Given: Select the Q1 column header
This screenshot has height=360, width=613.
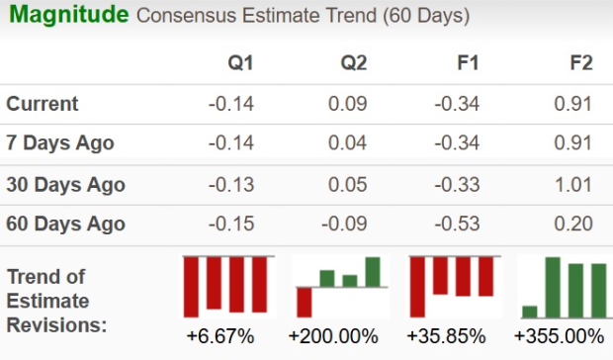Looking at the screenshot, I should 240,63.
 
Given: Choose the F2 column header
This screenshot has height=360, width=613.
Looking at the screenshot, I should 580,63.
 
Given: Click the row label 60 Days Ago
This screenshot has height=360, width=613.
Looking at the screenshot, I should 65,225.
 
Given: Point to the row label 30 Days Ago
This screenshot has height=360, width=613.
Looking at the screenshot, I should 65,184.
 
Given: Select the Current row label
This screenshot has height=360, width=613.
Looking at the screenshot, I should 43,104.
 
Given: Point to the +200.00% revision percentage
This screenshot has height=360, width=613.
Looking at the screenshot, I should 333,336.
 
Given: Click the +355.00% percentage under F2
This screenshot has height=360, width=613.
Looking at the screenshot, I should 559,336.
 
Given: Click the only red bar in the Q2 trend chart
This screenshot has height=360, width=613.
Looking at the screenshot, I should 305,302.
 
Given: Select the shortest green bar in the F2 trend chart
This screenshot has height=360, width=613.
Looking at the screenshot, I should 530,311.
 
